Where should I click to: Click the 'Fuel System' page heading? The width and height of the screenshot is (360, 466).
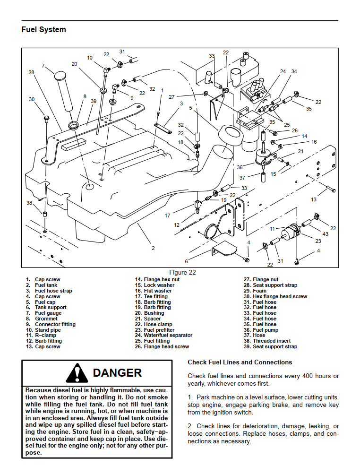43,29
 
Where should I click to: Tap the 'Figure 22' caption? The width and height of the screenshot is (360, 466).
182,272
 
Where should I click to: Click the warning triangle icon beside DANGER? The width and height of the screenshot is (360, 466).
77,373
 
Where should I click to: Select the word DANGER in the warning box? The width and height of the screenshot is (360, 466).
117,372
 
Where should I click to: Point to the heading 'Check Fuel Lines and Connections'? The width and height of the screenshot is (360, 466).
240,362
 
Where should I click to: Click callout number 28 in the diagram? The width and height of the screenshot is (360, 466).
31,72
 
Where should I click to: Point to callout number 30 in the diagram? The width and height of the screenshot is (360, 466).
32,99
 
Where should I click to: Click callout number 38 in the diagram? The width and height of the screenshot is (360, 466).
29,203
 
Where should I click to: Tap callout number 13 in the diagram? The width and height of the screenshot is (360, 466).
313,199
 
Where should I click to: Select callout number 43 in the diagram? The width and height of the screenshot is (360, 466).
325,234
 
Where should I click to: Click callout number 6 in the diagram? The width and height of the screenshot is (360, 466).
186,261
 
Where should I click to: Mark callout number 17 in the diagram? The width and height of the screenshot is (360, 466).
167,216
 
